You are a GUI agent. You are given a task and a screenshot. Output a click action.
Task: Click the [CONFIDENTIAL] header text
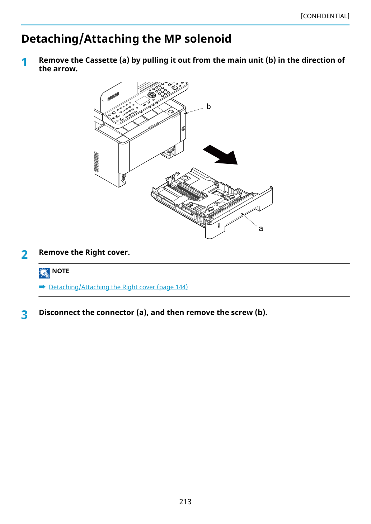tap(325, 16)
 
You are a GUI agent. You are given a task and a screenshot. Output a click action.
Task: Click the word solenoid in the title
tap(208, 39)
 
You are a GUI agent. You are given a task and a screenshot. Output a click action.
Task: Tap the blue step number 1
tap(24, 62)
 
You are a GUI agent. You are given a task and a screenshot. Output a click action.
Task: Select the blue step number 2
tap(24, 254)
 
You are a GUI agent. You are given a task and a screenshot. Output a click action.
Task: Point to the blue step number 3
tap(24, 315)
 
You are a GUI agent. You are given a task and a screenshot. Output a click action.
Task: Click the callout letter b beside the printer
tap(208, 106)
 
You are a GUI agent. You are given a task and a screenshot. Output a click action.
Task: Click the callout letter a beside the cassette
tap(261, 228)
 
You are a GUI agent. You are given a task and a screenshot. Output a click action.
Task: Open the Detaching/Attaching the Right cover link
tap(118, 287)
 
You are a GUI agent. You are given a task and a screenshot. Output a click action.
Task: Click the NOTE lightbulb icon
tap(44, 273)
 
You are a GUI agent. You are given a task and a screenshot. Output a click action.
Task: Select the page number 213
tap(185, 501)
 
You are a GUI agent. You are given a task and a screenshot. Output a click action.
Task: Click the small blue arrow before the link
tap(42, 287)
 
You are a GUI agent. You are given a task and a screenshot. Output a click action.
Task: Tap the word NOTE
tap(60, 271)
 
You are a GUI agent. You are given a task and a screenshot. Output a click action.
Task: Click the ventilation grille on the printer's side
tap(96, 162)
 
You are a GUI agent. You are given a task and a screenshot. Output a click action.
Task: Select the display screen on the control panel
tap(143, 101)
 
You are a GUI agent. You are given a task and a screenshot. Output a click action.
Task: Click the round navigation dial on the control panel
tap(151, 95)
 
